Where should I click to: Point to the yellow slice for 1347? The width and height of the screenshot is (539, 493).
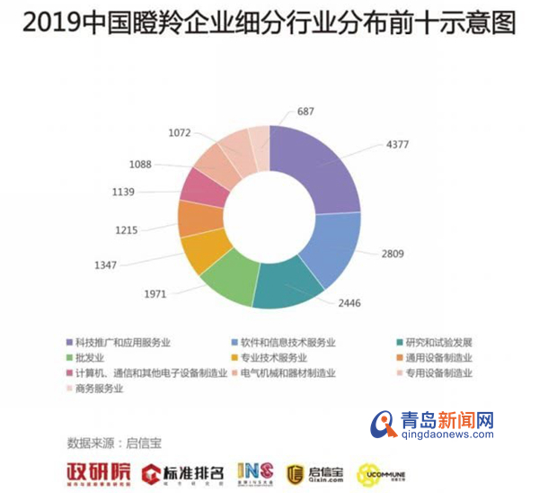point(201,252)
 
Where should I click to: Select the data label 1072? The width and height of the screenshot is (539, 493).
point(180,133)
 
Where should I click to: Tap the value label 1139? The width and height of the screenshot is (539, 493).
point(122,192)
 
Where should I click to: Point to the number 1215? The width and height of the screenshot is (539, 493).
point(125,229)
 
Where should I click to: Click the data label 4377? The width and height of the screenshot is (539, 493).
point(395,144)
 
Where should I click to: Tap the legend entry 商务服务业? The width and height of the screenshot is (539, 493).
point(104,389)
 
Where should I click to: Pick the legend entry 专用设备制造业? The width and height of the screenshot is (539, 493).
point(436,373)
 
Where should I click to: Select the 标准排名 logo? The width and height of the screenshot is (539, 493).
point(183,471)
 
